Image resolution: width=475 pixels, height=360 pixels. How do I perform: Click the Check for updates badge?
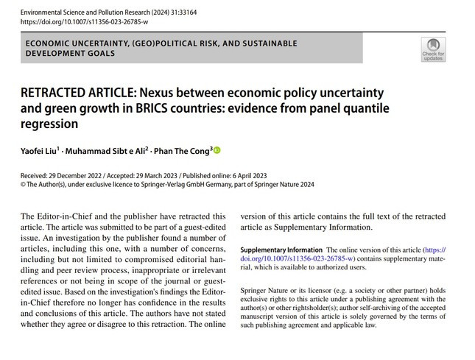432,47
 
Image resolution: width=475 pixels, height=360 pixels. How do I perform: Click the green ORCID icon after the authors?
217,151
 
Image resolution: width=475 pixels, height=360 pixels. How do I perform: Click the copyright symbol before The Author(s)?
24,185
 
